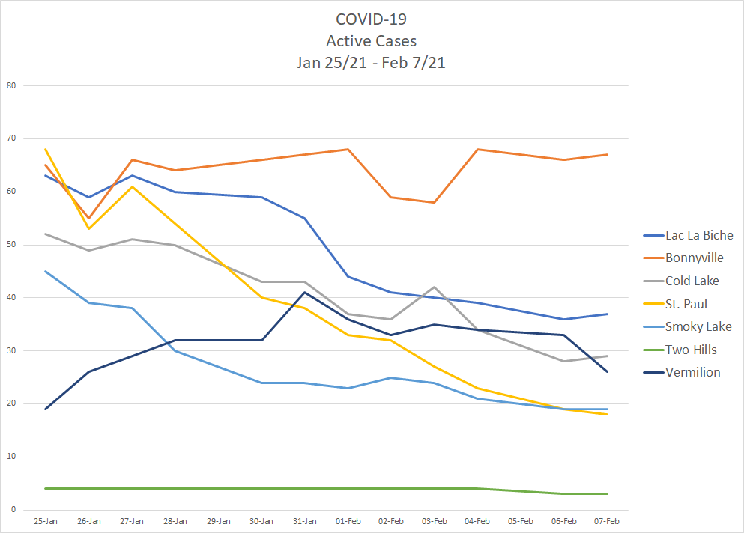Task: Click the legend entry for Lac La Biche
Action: pyautogui.click(x=699, y=235)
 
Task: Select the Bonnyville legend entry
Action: pyautogui.click(x=695, y=258)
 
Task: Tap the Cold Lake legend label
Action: pyautogui.click(x=692, y=281)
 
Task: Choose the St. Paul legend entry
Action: pyautogui.click(x=686, y=304)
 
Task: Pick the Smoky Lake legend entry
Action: pyautogui.click(x=698, y=326)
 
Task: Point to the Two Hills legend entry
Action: pyautogui.click(x=691, y=350)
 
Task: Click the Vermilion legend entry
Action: pyautogui.click(x=692, y=372)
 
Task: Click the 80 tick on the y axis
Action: pyautogui.click(x=11, y=86)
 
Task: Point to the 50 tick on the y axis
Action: pyautogui.click(x=11, y=245)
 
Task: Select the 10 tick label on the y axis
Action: pyautogui.click(x=11, y=457)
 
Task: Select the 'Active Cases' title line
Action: pyautogui.click(x=371, y=41)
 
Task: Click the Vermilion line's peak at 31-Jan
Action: pyautogui.click(x=305, y=292)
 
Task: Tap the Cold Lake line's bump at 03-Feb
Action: pyautogui.click(x=435, y=287)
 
